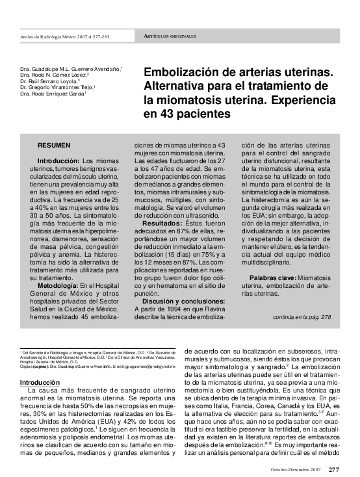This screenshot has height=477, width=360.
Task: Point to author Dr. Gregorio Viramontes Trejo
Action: point(57,87)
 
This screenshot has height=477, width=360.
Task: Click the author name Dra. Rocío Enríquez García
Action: point(53,94)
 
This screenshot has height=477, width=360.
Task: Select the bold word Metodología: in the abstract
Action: point(58,267)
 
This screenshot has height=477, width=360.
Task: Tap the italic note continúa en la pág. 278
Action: point(303,317)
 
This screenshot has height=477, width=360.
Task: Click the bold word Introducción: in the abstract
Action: point(58,160)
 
